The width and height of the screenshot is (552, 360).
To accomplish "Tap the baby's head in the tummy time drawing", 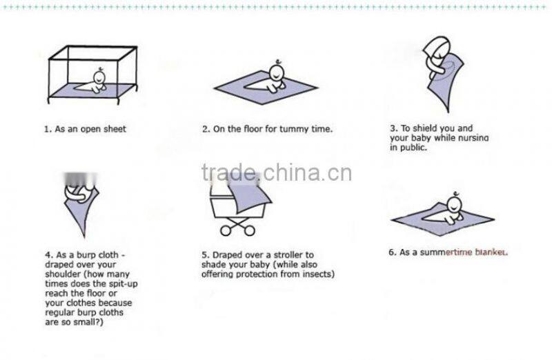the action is coord(277,72).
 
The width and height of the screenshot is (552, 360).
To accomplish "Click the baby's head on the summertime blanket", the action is coord(455,204).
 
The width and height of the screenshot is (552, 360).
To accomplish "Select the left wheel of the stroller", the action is coord(226,231).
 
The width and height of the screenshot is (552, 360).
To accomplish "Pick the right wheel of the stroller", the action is coord(249,231).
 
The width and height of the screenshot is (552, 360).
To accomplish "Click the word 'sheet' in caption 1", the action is coord(115,129).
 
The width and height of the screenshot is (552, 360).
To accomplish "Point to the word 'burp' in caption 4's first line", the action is coord(86,255).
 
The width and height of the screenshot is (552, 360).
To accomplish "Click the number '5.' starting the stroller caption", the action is coord(206,255).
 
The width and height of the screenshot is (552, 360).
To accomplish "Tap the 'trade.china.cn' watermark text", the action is coord(277,172).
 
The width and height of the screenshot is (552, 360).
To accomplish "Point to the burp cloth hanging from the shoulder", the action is coord(81,211).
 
